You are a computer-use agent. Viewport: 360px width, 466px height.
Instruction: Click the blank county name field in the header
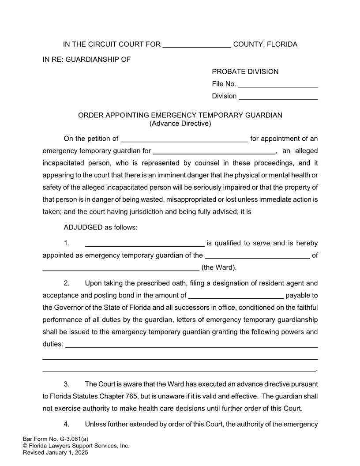click(197, 45)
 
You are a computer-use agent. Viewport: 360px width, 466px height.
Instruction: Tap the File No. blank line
click(278, 84)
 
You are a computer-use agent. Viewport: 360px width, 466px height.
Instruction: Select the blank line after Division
click(278, 96)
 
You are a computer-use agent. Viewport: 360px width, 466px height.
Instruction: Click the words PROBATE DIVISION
click(245, 71)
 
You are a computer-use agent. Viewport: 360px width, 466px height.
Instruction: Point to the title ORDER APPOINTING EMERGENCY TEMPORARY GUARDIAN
click(180, 115)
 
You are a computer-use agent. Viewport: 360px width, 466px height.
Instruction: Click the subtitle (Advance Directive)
click(180, 124)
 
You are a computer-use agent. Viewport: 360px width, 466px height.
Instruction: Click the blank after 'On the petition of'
click(184, 139)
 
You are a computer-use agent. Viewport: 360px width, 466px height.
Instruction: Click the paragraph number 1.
click(67, 243)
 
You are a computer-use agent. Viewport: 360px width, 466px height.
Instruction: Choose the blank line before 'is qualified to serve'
click(144, 244)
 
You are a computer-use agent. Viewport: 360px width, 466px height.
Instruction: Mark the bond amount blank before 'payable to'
click(236, 296)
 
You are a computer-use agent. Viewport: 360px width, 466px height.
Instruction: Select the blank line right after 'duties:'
click(191, 344)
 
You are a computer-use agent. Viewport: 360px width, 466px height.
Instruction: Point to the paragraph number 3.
click(67, 384)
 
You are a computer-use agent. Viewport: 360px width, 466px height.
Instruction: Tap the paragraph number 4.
click(67, 424)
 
